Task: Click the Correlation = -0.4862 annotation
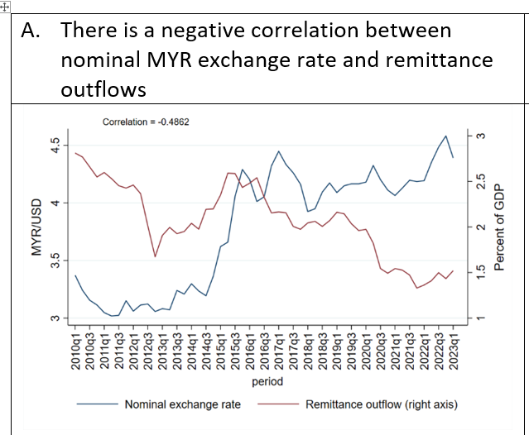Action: pyautogui.click(x=145, y=122)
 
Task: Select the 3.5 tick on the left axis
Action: pyautogui.click(x=55, y=261)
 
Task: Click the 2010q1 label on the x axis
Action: pyautogui.click(x=75, y=348)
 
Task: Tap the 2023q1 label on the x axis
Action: pyautogui.click(x=453, y=348)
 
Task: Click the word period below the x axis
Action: pyautogui.click(x=266, y=381)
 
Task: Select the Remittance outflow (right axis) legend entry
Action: pyautogui.click(x=381, y=404)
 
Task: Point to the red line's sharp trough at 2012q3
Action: pyautogui.click(x=155, y=256)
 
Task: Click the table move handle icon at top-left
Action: pyautogui.click(x=4, y=4)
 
